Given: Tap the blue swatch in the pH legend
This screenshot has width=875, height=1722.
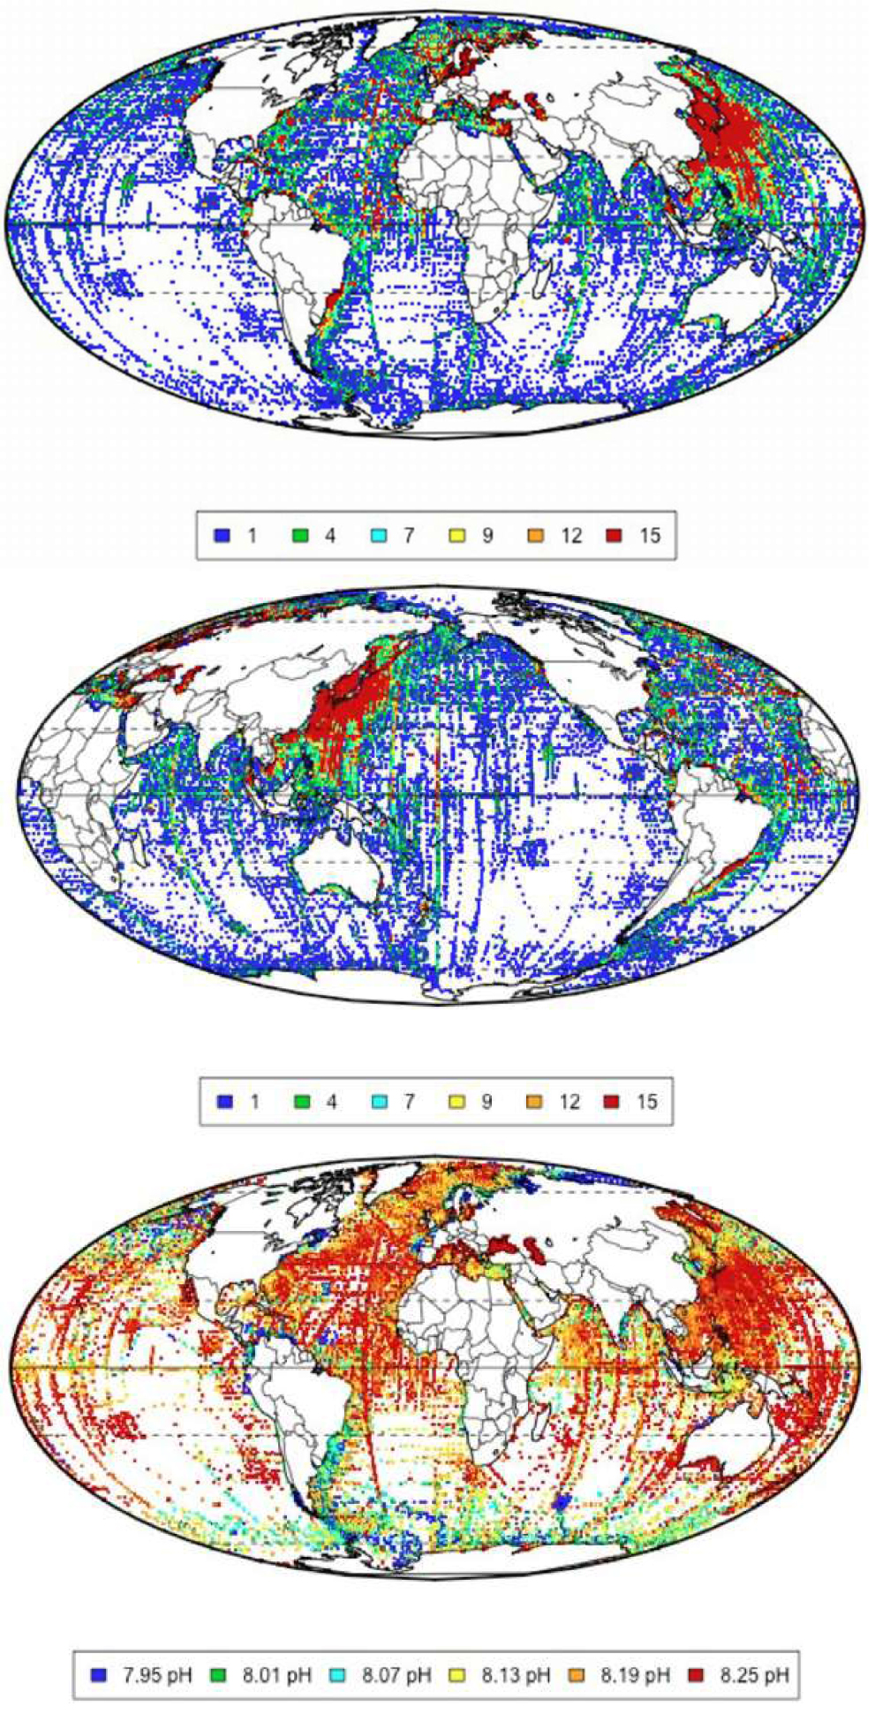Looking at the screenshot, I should [99, 1674].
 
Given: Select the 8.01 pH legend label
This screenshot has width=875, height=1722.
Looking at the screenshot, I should [277, 1674].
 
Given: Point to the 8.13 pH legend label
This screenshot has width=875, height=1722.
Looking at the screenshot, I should [516, 1674].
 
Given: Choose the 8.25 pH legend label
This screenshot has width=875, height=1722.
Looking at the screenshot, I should [754, 1674].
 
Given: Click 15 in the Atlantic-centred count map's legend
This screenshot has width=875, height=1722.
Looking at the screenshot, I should [650, 535].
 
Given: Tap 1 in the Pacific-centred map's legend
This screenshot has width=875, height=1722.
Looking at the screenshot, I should [254, 1101].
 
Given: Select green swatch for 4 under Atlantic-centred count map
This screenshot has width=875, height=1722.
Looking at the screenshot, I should [300, 535].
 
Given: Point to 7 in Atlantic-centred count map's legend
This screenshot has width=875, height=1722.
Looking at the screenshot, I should [408, 535].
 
